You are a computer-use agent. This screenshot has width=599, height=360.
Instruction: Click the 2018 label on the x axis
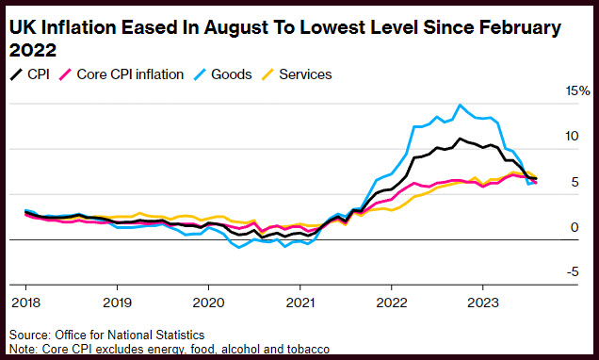26,303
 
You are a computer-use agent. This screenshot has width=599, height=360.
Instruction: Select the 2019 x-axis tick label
118,303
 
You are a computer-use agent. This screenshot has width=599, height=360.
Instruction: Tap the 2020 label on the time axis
208,303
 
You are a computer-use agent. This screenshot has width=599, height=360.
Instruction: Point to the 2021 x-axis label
300,303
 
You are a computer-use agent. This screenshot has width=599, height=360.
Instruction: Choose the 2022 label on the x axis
392,303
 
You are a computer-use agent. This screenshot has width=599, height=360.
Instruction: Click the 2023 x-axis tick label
483,303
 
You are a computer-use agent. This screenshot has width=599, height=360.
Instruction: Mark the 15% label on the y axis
577,91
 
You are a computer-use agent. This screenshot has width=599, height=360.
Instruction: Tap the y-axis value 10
572,136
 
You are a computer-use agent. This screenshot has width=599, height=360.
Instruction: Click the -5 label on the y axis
573,272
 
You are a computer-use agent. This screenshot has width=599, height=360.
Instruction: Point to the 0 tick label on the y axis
575,227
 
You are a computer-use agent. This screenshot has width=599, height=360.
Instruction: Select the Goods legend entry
222,74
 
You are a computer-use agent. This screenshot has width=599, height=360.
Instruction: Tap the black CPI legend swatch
16,74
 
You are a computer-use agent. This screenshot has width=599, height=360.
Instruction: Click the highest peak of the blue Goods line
460,105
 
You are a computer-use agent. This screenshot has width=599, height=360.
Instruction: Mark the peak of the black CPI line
460,139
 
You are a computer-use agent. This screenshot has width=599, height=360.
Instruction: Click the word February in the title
520,28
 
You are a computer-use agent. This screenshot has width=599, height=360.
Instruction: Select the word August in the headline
236,28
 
